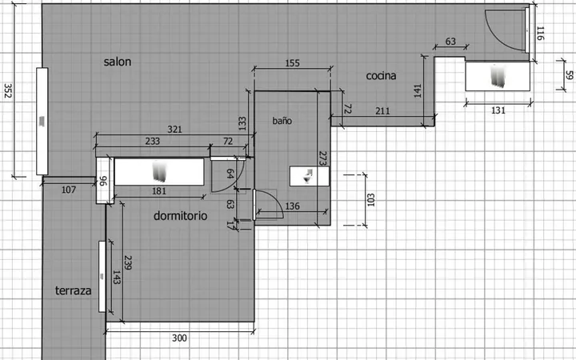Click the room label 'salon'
(x=117, y=62)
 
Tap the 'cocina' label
(x=381, y=76)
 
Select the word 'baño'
(x=282, y=121)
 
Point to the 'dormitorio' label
(x=180, y=216)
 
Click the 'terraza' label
(x=73, y=290)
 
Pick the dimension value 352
(x=8, y=90)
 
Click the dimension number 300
(x=179, y=338)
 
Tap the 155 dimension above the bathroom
(x=293, y=63)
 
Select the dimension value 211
(x=382, y=110)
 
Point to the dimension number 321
(x=174, y=130)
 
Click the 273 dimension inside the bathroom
(x=323, y=158)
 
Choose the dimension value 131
(x=498, y=110)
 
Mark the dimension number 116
(x=540, y=33)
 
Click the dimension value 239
(x=127, y=262)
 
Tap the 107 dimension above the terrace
(x=69, y=190)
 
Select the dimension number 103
(x=370, y=200)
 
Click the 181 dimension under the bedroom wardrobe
(x=159, y=191)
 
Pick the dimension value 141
(x=418, y=90)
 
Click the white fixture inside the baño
(x=310, y=176)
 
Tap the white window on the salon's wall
(x=42, y=122)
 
